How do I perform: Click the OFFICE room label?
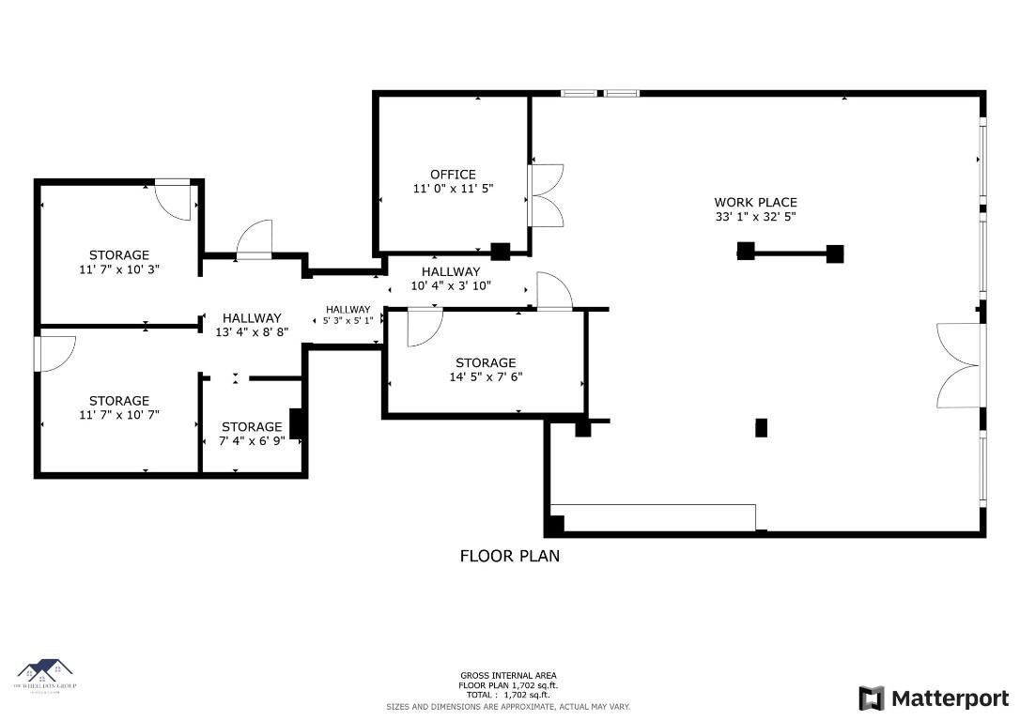pos(453,175)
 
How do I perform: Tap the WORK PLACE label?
pos(755,203)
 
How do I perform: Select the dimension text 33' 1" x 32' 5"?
pos(755,218)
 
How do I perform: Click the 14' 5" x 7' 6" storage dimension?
pos(486,377)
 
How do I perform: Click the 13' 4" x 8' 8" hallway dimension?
pos(252,332)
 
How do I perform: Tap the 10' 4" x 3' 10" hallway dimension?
pos(451,285)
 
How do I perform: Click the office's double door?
pos(546,195)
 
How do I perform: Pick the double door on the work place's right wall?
pos(958,365)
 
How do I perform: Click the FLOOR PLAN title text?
pos(509,556)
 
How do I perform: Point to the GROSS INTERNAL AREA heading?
pos(508,676)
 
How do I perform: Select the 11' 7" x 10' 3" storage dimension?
pos(119,269)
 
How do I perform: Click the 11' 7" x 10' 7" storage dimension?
pos(119,415)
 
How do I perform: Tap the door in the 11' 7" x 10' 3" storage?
pos(175,198)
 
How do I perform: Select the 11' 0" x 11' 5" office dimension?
pos(453,189)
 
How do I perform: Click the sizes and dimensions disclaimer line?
pos(508,706)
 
